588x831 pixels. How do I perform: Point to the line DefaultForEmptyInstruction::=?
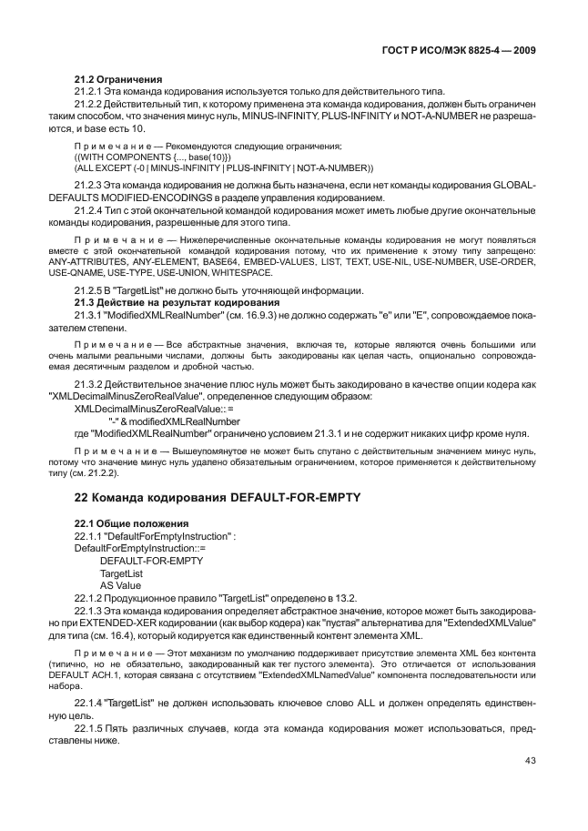[138, 548]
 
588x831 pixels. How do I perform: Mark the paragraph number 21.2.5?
[87, 290]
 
